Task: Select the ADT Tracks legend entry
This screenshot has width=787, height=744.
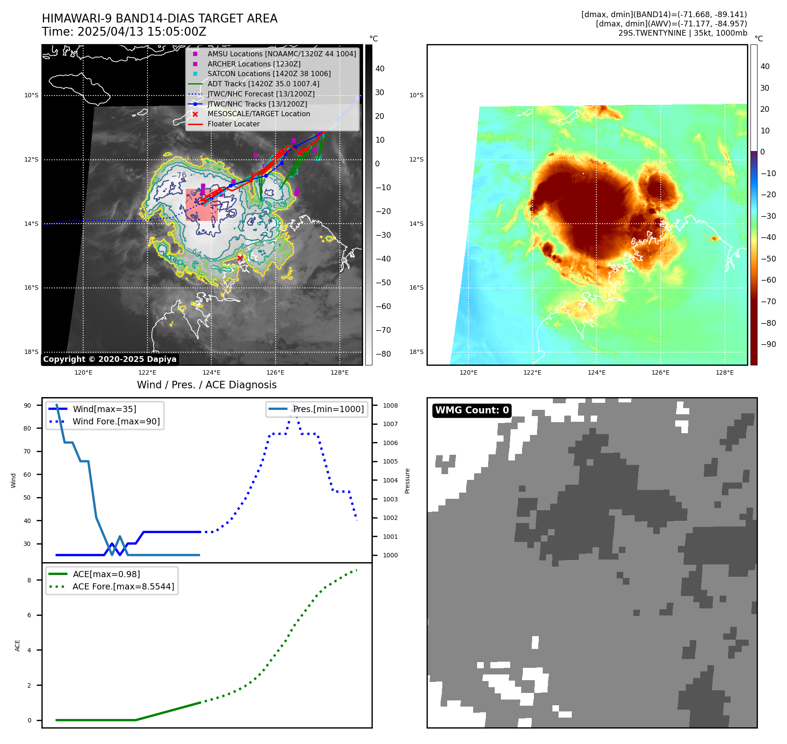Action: click(263, 84)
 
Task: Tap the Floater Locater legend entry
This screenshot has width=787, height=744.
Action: click(233, 124)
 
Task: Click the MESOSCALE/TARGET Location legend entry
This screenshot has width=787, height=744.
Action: click(258, 114)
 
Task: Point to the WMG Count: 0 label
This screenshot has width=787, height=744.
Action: click(472, 410)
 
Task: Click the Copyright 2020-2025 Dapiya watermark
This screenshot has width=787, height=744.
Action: click(110, 359)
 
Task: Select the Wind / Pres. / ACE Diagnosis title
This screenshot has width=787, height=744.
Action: click(207, 385)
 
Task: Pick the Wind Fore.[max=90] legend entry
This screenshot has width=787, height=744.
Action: click(116, 421)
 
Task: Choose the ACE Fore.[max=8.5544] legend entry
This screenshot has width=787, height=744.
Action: click(123, 586)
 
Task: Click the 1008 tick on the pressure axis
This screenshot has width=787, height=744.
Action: click(390, 405)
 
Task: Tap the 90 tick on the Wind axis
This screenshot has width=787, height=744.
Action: click(27, 405)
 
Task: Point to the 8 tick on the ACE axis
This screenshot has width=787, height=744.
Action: click(29, 580)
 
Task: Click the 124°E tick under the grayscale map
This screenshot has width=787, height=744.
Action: click(211, 372)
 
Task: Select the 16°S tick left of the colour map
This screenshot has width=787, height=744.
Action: click(416, 288)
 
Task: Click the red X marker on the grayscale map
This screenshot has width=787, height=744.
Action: click(240, 258)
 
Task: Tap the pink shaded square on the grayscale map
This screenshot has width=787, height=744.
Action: click(202, 205)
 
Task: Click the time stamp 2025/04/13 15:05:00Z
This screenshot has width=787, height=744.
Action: click(142, 32)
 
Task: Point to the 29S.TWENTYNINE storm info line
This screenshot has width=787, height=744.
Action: click(682, 33)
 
